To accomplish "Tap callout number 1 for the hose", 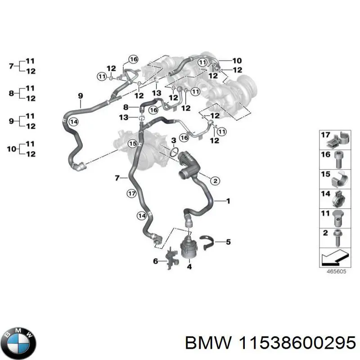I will click(228, 201).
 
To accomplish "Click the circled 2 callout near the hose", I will click(215, 180).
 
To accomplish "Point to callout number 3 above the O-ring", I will click(174, 141).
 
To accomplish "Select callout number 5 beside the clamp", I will click(228, 242).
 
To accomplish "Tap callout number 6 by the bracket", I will click(156, 261).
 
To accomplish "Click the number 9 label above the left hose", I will click(81, 95).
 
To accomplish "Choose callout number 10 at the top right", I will click(237, 61).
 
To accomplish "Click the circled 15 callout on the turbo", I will click(132, 144).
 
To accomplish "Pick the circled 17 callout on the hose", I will click(131, 194).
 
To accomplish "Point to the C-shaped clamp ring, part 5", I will click(207, 243).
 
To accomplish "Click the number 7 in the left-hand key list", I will click(12, 66).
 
